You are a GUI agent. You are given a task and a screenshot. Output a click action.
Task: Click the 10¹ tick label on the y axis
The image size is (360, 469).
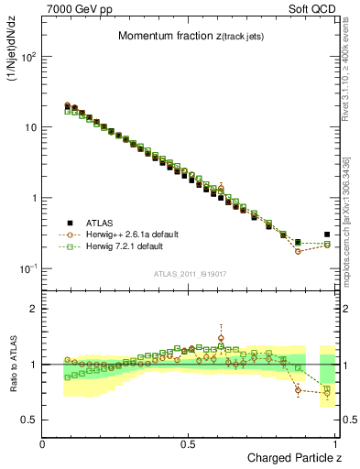30,127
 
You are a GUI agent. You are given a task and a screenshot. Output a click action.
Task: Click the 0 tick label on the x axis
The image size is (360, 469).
43,445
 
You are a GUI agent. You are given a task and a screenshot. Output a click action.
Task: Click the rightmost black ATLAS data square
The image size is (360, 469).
327,234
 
